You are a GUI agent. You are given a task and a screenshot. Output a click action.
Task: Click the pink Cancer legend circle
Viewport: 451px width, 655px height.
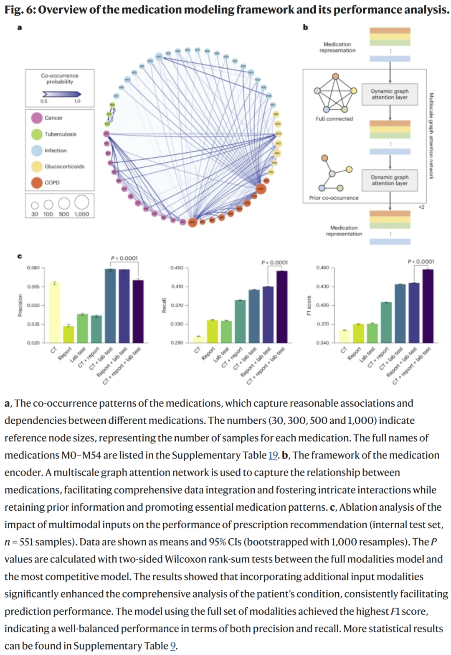pyautogui.click(x=37, y=118)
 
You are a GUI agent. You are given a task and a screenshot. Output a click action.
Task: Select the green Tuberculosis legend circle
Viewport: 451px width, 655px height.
pyautogui.click(x=37, y=134)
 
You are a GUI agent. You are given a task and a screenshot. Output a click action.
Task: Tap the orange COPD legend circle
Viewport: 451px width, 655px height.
pyautogui.click(x=37, y=183)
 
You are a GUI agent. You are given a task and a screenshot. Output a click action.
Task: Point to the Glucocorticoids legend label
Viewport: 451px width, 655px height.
pyautogui.click(x=64, y=166)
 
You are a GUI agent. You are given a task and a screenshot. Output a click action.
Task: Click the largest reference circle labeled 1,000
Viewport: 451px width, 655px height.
pyautogui.click(x=82, y=202)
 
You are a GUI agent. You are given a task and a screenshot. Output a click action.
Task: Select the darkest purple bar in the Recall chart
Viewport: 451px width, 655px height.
pyautogui.click(x=282, y=307)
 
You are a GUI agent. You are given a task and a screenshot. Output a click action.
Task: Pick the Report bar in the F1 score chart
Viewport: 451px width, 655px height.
pyautogui.click(x=358, y=333)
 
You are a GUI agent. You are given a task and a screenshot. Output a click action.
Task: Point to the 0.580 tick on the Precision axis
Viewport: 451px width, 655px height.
pyautogui.click(x=33, y=268)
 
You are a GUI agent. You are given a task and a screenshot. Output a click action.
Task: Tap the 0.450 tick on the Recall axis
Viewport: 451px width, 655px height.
pyautogui.click(x=177, y=268)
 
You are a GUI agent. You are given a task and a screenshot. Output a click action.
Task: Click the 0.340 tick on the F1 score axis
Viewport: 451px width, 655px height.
pyautogui.click(x=323, y=343)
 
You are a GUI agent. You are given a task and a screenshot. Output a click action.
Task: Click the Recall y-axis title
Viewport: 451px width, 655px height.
pyautogui.click(x=164, y=305)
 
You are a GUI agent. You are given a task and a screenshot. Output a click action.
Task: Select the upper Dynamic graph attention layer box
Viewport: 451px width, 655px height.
pyautogui.click(x=390, y=94)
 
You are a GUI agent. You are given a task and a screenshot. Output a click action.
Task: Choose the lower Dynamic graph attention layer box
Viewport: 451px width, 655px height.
pyautogui.click(x=390, y=180)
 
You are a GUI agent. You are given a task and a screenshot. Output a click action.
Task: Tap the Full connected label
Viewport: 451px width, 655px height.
pyautogui.click(x=334, y=119)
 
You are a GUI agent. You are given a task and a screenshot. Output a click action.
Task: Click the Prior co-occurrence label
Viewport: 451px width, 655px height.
pyautogui.click(x=334, y=198)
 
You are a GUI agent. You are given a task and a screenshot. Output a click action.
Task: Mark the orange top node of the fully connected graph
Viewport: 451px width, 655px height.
pyautogui.click(x=335, y=77)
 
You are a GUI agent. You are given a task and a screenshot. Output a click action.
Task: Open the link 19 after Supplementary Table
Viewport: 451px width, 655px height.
pyautogui.click(x=273, y=455)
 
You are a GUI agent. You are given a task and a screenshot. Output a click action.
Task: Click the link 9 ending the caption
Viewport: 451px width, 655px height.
pyautogui.click(x=173, y=646)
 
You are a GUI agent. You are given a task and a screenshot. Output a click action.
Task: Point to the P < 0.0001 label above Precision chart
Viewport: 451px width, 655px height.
pyautogui.click(x=124, y=258)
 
